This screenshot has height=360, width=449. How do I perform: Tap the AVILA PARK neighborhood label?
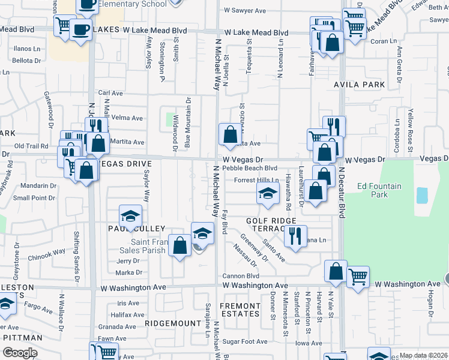[360, 85]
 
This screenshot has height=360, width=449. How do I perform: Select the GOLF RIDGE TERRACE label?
[264, 225]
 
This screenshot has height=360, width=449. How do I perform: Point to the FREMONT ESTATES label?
[240, 310]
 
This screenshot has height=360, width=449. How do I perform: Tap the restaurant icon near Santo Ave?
[295, 236]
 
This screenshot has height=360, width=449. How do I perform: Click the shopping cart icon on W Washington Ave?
[358, 277]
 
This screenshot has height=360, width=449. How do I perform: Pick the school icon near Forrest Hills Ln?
[268, 193]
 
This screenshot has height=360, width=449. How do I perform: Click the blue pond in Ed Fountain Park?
[422, 195]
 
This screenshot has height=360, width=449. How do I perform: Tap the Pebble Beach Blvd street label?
[249, 169]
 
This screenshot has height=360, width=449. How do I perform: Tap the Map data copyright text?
[423, 355]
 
